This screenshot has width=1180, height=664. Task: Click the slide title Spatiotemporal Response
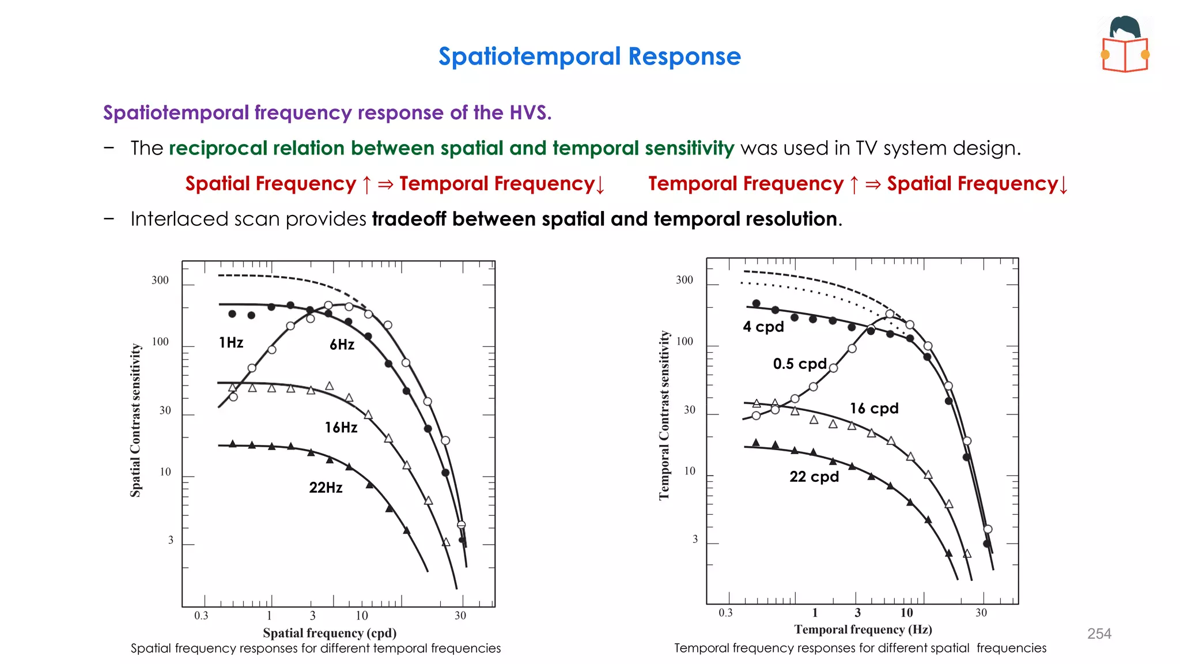coord(589,56)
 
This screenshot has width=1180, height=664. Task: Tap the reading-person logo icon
coord(1125,45)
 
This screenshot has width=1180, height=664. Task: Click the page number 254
coord(1099,633)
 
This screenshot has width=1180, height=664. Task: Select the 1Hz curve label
coord(231,343)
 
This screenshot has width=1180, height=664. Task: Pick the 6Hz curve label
coord(342,345)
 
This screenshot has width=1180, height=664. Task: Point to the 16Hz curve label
coord(341,428)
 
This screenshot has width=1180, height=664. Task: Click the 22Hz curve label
coord(326,488)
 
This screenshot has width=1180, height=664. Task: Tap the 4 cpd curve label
coord(763,327)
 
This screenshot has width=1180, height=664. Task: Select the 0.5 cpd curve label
coord(800,364)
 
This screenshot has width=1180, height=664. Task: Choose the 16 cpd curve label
coord(874,409)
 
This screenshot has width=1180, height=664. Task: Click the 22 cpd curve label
coord(814,477)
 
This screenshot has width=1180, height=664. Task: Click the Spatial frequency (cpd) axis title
coord(330,633)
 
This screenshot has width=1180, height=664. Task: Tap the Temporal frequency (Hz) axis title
coord(863,629)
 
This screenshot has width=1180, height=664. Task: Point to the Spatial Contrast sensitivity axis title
coord(135,420)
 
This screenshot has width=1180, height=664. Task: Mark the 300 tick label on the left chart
coord(160,280)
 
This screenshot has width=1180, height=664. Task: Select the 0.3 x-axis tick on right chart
coord(725,613)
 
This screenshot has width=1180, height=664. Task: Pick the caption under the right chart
coord(860,648)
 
